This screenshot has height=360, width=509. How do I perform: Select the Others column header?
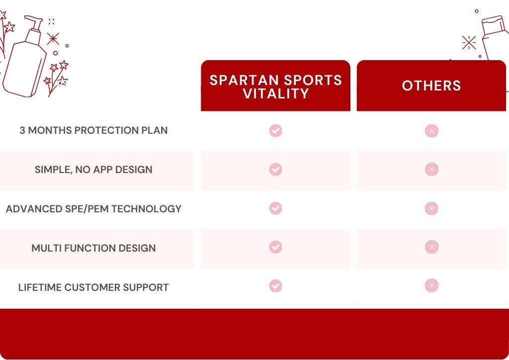tap(431, 86)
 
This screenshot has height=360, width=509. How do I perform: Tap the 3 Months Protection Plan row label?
tap(93, 130)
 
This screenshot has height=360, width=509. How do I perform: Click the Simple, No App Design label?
tap(93, 170)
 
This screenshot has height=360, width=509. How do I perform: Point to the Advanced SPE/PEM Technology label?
tap(93, 209)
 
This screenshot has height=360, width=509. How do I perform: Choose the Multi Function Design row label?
tap(93, 248)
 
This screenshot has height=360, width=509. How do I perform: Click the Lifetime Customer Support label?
tap(93, 287)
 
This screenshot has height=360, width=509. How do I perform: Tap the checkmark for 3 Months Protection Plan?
tap(275, 131)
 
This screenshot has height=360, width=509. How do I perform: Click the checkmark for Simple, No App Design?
tap(275, 170)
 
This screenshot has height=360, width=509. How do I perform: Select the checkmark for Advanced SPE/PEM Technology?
tap(275, 208)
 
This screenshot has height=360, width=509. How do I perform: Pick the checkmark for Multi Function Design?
tap(275, 247)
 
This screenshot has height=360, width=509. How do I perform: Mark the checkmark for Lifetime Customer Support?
tap(275, 286)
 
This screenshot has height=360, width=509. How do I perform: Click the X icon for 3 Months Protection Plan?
tap(431, 131)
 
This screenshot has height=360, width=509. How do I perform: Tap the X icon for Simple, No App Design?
tap(431, 170)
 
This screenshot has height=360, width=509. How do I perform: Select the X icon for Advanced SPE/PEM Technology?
tap(431, 208)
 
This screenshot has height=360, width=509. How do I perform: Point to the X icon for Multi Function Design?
tap(431, 247)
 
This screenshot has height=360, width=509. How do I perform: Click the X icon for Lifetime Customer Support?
tap(431, 285)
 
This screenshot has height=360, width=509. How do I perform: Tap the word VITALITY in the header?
tap(276, 93)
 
